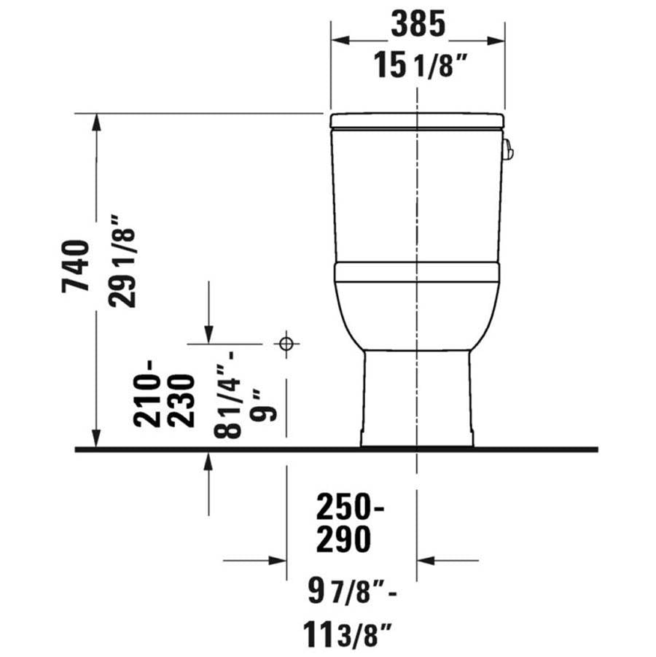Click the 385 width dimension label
(418, 24)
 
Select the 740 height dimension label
(76, 265)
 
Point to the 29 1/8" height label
(122, 262)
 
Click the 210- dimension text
(147, 394)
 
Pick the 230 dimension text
(181, 400)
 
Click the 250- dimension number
(350, 507)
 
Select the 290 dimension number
(343, 540)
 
